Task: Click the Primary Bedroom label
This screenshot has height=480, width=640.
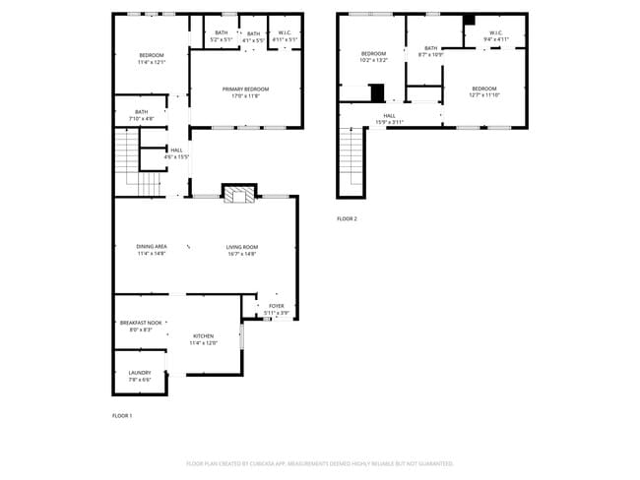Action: [244, 90]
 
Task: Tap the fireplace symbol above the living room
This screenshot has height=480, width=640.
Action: [237, 195]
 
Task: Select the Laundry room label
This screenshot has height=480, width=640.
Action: [140, 373]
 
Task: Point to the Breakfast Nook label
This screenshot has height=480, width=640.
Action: [141, 323]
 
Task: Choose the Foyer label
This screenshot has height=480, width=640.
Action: [276, 306]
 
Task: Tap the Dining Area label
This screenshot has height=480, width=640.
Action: [152, 247]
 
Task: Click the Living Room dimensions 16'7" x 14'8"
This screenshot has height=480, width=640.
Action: [241, 254]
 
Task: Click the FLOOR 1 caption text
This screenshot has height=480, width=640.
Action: [122, 416]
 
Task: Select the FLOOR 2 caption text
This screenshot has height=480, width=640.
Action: [347, 218]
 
